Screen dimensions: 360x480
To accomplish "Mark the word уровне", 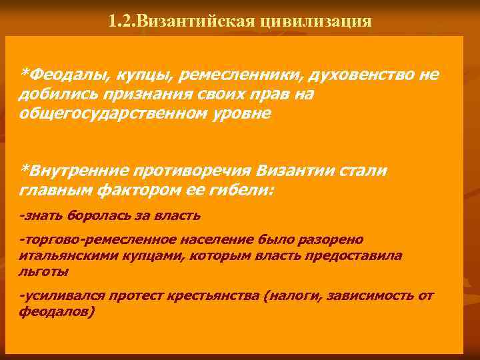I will tap(230, 113).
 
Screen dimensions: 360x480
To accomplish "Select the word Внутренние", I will tap(72, 171).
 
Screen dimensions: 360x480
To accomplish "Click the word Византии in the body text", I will tap(283, 171).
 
